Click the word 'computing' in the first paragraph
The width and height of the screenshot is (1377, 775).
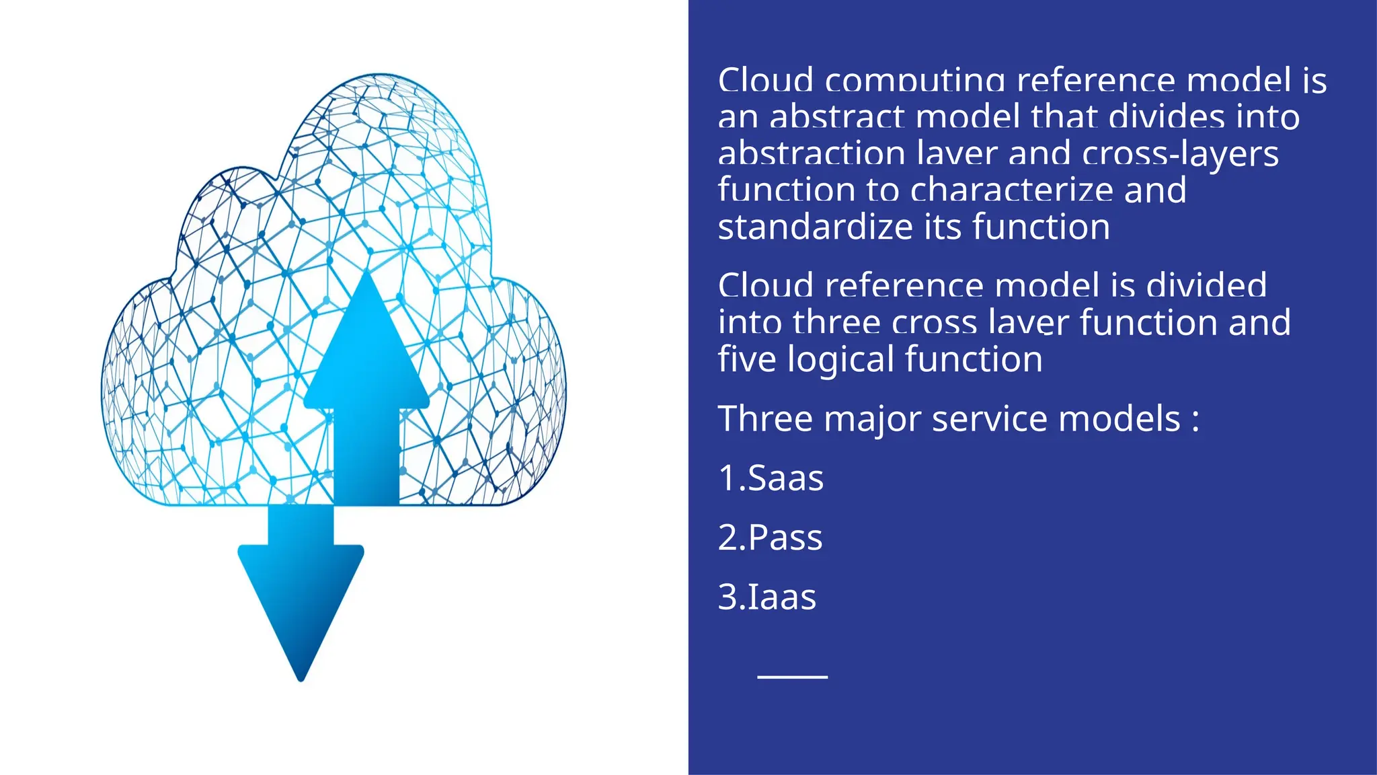914,81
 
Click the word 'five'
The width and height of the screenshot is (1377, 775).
746,359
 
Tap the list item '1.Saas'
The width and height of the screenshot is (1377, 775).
771,478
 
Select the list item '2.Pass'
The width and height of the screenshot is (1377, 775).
770,538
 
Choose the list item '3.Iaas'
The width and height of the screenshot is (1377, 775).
767,597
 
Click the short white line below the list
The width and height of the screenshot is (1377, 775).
792,676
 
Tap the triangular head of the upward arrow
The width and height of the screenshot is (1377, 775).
366,343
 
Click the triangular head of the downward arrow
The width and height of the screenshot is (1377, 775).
301,605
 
